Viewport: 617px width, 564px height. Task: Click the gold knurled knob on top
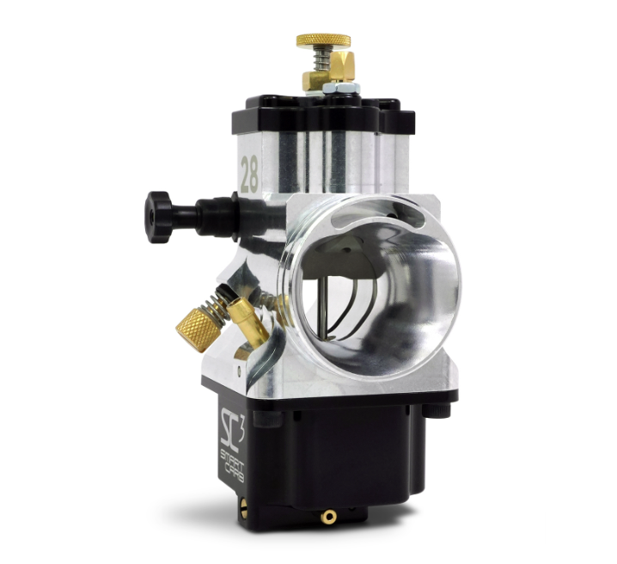[323, 40]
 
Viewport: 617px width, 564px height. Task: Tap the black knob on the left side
[158, 217]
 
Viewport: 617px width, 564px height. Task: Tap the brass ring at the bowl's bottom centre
[327, 518]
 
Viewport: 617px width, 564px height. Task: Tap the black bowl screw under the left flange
[275, 419]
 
